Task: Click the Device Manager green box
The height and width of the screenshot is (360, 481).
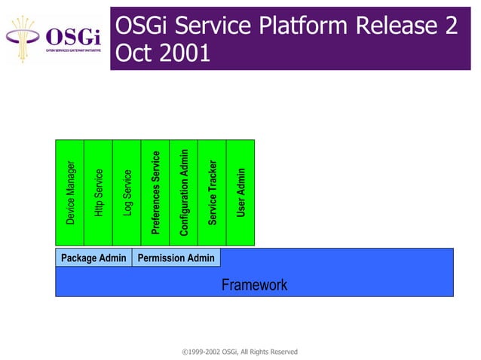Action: (70, 193)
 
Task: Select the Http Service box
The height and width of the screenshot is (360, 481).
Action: (98, 193)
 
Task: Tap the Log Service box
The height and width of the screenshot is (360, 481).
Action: (127, 193)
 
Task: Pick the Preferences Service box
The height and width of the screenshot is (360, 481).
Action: (155, 193)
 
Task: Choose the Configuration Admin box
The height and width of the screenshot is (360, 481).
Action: (183, 193)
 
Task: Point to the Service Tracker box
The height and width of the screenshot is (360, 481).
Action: (212, 193)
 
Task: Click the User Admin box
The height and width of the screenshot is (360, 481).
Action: (240, 193)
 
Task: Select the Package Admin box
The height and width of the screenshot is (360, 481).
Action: (93, 258)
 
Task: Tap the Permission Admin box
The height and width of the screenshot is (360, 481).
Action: (176, 258)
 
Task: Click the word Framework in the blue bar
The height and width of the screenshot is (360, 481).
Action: (254, 285)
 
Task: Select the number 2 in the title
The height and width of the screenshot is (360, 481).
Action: (450, 26)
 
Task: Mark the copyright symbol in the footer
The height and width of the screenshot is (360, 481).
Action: (185, 352)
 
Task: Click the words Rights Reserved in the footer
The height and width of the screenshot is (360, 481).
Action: (274, 352)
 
